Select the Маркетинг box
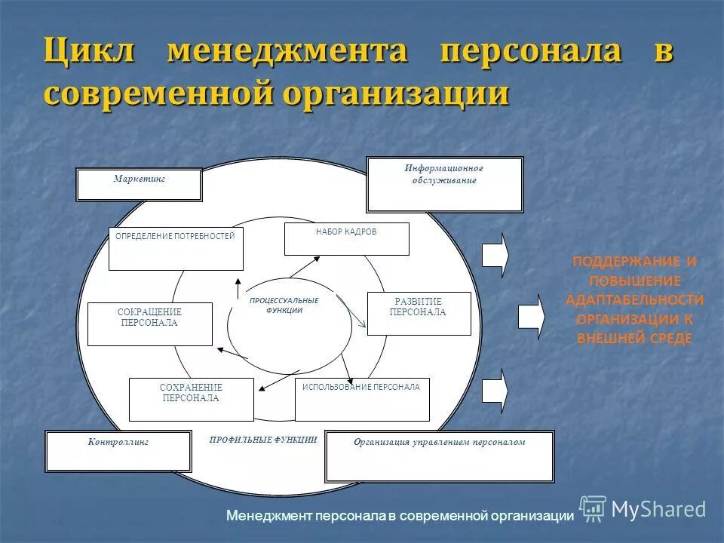click(x=139, y=184)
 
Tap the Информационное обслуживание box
click(x=444, y=185)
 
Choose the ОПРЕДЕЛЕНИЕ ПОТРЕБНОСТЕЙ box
click(x=176, y=249)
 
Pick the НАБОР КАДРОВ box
click(x=346, y=239)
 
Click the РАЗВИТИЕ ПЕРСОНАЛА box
click(x=419, y=313)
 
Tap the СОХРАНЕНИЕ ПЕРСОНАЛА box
click(x=191, y=399)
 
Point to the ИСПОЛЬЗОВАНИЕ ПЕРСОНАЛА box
click(x=361, y=399)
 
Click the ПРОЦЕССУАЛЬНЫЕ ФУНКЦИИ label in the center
click(x=284, y=305)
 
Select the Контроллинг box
click(x=118, y=451)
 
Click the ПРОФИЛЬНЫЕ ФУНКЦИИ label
click(x=263, y=439)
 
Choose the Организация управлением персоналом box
click(x=439, y=456)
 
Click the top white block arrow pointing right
click(x=495, y=255)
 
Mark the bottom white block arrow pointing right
click(x=495, y=391)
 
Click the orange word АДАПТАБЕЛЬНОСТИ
click(x=634, y=299)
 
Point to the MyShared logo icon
click(x=593, y=508)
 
